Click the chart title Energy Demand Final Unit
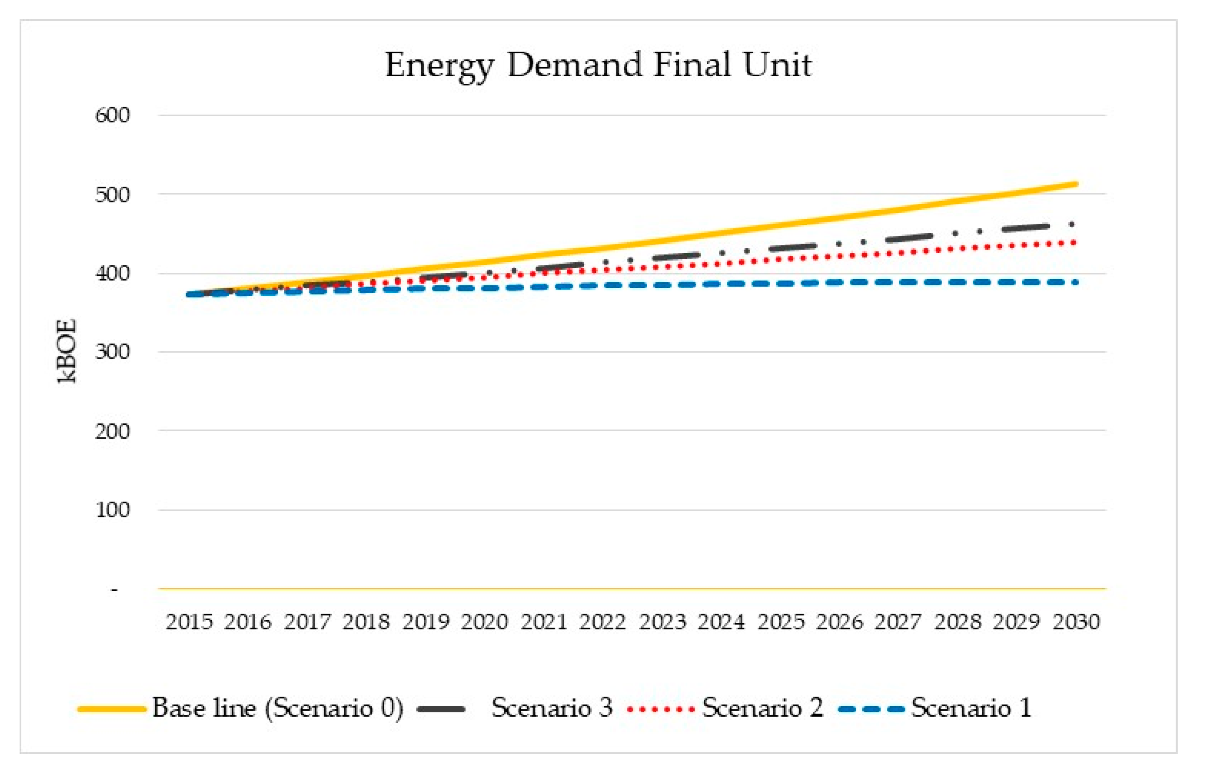click(x=598, y=65)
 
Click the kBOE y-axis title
click(x=67, y=352)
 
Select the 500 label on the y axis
click(x=113, y=195)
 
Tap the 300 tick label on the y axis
click(x=113, y=352)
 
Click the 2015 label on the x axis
click(x=189, y=622)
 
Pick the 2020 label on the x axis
click(x=484, y=622)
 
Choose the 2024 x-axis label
click(x=721, y=622)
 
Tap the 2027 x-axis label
click(x=898, y=622)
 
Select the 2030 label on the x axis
click(x=1076, y=622)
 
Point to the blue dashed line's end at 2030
click(x=1075, y=282)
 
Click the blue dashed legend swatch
click(x=872, y=709)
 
